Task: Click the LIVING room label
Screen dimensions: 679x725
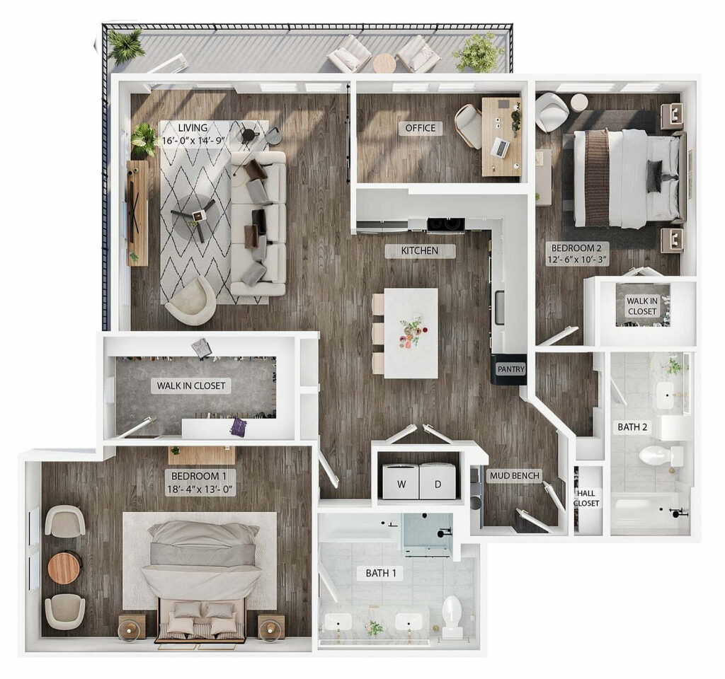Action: (x=193, y=128)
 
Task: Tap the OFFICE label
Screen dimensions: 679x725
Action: (x=420, y=128)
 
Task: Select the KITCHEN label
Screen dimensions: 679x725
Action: (x=421, y=250)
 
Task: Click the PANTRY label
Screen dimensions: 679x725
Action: (x=510, y=369)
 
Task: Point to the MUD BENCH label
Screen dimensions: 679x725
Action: (x=515, y=475)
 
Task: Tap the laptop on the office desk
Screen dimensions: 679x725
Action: (x=500, y=147)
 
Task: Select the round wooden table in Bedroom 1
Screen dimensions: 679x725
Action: (x=64, y=567)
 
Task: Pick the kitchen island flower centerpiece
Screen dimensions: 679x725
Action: (x=410, y=332)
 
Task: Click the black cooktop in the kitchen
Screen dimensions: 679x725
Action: (x=445, y=225)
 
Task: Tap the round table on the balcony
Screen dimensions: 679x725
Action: (x=384, y=62)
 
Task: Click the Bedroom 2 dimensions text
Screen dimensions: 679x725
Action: (x=578, y=260)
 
